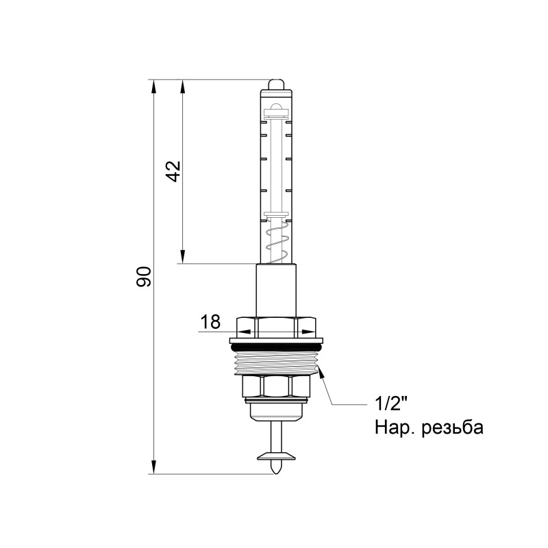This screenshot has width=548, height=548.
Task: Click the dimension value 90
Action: pyautogui.click(x=143, y=277)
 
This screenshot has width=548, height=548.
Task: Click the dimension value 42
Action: pyautogui.click(x=173, y=171)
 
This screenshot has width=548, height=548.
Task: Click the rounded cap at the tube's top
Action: pyautogui.click(x=276, y=84)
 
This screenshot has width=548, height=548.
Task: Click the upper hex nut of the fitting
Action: pyautogui.click(x=276, y=327)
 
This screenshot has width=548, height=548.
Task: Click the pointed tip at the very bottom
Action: pyautogui.click(x=276, y=469)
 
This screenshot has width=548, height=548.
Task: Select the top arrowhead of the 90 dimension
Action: pyautogui.click(x=153, y=86)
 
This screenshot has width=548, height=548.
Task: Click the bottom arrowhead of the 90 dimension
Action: pyautogui.click(x=153, y=467)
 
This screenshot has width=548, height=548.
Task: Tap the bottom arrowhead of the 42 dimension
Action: pyautogui.click(x=183, y=258)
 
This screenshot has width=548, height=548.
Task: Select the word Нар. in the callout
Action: pyautogui.click(x=391, y=428)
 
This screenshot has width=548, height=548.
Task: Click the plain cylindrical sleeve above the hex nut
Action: pyautogui.click(x=276, y=289)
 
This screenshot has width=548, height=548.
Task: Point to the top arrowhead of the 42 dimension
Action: pyautogui.click(x=183, y=86)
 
